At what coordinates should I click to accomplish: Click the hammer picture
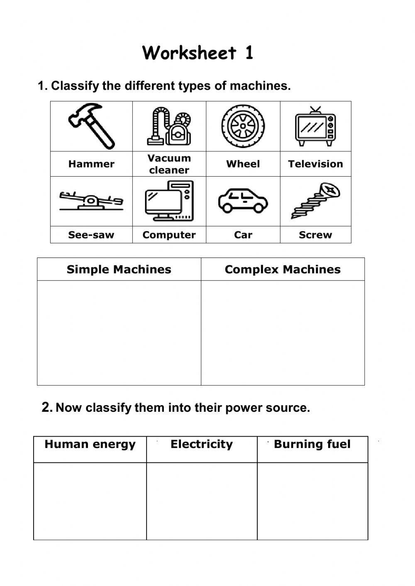pos(92,126)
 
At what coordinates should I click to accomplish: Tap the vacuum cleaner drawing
pos(169,126)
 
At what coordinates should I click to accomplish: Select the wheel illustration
pos(243,126)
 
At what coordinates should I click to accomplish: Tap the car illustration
pos(243,201)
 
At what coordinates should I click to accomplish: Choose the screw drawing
pos(315,201)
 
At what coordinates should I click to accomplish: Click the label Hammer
pos(91,164)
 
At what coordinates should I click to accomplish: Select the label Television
pos(315,164)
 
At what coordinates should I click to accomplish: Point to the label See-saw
pos(91,235)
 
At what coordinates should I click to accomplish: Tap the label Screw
pos(315,235)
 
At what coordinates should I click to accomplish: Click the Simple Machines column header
pos(119,270)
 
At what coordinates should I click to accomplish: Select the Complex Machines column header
pos(283,270)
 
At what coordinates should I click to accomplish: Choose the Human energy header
pos(90,445)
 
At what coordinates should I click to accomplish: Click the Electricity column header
pos(202,445)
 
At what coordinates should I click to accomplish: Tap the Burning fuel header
pos(312,445)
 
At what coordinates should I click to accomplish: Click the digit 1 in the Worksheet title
pos(249,53)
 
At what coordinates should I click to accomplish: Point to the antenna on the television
pos(315,110)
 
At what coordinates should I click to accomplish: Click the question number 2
pos(46,407)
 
